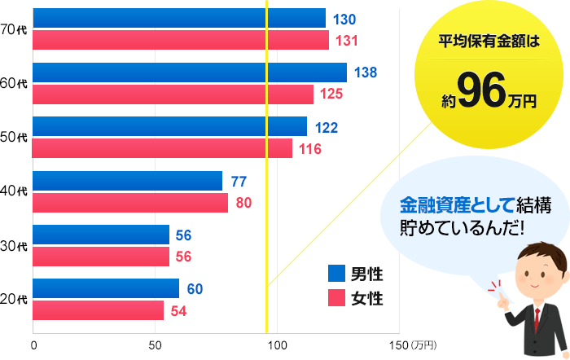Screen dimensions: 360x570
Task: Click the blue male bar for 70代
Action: pyautogui.click(x=179, y=18)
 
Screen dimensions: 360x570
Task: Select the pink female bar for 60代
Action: pyautogui.click(x=173, y=94)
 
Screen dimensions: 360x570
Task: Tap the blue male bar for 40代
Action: pyautogui.click(x=128, y=181)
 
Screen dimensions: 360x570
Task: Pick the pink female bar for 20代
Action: pyautogui.click(x=99, y=310)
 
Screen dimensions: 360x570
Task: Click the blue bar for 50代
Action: pyautogui.click(x=170, y=127)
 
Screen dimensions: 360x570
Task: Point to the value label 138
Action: pyautogui.click(x=366, y=72)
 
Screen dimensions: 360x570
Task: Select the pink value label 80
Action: pyautogui.click(x=243, y=203)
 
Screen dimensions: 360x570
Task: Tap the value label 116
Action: pyautogui.click(x=310, y=149)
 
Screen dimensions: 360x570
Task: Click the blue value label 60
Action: pyautogui.click(x=195, y=288)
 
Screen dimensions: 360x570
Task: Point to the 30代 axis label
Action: pyautogui.click(x=14, y=246)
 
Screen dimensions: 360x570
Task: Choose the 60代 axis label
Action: pyautogui.click(x=14, y=84)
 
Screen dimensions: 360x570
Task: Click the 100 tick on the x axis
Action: pyautogui.click(x=278, y=345)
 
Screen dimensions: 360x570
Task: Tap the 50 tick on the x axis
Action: pyautogui.click(x=156, y=345)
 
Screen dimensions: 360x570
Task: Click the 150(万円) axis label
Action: pyautogui.click(x=414, y=345)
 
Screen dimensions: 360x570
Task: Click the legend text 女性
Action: pyautogui.click(x=367, y=298)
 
